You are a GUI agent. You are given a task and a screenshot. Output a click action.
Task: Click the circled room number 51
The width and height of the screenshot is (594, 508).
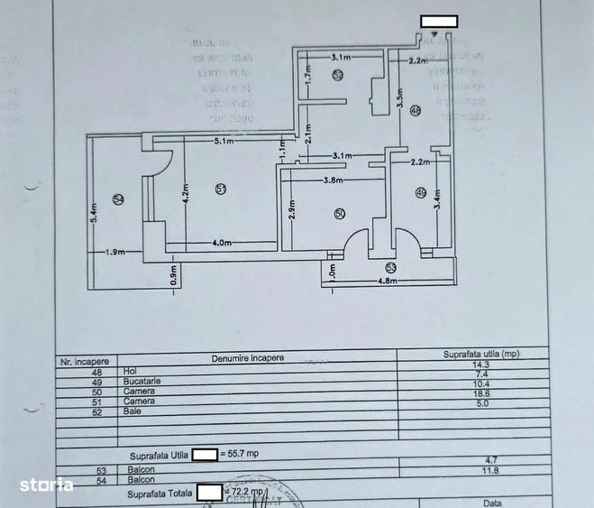pyautogui.click(x=221, y=188)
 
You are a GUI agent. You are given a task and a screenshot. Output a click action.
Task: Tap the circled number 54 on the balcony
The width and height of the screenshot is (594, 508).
pyautogui.click(x=117, y=199)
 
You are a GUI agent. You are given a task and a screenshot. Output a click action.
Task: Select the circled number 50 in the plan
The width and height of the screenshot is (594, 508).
pyautogui.click(x=339, y=214)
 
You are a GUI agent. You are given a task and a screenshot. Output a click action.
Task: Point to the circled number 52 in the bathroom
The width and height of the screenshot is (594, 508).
pyautogui.click(x=337, y=77)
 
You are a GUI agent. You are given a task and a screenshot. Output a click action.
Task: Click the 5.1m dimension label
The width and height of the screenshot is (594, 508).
pyautogui.click(x=224, y=142)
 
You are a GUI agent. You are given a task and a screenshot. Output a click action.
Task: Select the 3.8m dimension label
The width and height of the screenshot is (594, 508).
pyautogui.click(x=334, y=180)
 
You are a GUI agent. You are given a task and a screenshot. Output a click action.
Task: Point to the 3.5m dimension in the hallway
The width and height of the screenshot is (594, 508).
pyautogui.click(x=400, y=97)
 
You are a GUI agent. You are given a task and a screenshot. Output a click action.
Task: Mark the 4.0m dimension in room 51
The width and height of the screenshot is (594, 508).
pyautogui.click(x=223, y=243)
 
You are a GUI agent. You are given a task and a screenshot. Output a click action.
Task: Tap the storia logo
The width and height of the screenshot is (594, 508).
pyautogui.click(x=46, y=485)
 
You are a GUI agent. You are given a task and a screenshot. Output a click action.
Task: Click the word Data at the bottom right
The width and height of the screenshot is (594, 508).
pyautogui.click(x=492, y=503)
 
